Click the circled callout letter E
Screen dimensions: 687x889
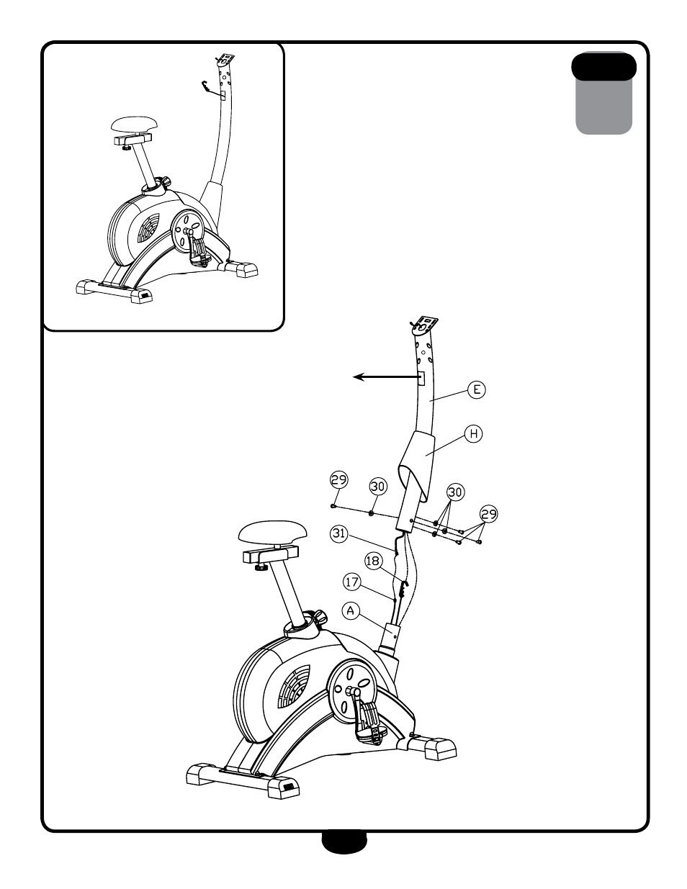tap(476, 389)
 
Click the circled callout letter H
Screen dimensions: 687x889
tap(473, 433)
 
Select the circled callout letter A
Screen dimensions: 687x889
tap(351, 611)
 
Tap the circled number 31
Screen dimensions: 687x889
tap(338, 533)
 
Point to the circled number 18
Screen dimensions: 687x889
tap(373, 561)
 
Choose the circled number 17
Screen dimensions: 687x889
tap(351, 582)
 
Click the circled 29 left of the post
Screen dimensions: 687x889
tap(338, 479)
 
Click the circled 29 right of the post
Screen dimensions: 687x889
tap(488, 514)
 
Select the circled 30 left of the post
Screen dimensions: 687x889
tap(378, 487)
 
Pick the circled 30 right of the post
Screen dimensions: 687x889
tap(455, 492)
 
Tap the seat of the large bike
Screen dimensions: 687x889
tap(272, 532)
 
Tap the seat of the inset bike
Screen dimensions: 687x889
tap(134, 125)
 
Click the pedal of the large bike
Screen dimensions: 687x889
tap(370, 721)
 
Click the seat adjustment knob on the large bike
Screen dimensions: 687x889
tap(320, 615)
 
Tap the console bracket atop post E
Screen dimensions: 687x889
tap(424, 326)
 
